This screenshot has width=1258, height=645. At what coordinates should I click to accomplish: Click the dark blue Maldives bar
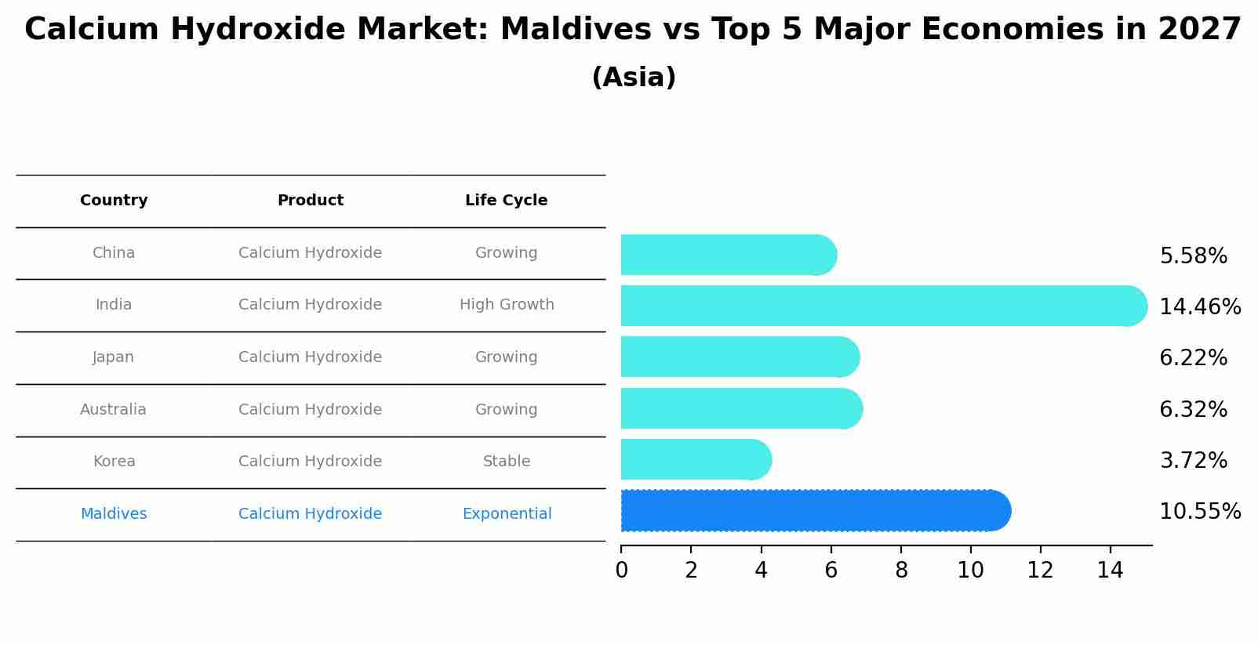[x=816, y=511]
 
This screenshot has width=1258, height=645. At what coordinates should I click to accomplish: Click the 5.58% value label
[x=1193, y=256]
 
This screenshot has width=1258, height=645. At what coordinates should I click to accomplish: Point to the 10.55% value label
[x=1199, y=512]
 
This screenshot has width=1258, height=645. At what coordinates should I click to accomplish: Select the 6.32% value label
[x=1193, y=409]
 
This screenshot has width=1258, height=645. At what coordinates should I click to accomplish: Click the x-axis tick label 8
[x=901, y=571]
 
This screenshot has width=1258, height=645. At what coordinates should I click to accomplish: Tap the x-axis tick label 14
[x=1111, y=571]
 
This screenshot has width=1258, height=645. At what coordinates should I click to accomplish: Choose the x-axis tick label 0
[x=621, y=571]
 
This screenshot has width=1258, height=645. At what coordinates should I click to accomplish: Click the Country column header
[x=114, y=201]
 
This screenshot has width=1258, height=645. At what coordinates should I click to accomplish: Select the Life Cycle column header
[x=506, y=201]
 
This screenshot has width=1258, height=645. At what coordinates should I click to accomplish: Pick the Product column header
[x=311, y=201]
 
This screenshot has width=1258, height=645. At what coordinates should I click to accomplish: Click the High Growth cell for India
[x=507, y=305]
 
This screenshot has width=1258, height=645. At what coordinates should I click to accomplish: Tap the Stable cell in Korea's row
[x=507, y=462]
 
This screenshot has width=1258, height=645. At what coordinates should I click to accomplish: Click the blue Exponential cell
[x=507, y=514]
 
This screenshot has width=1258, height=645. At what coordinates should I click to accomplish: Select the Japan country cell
[x=114, y=357]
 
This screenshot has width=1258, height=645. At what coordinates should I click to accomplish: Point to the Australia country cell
[x=113, y=410]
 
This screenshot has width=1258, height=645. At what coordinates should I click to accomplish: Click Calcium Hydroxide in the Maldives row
[x=311, y=514]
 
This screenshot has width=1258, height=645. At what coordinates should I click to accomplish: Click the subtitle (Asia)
[x=634, y=78]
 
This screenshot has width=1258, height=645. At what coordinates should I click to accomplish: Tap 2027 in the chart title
[x=1199, y=30]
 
